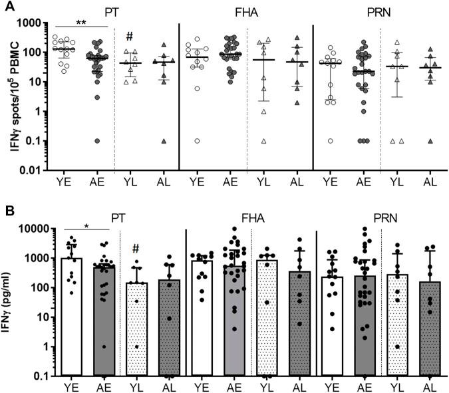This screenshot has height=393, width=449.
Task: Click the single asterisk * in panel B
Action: click(86, 227)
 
